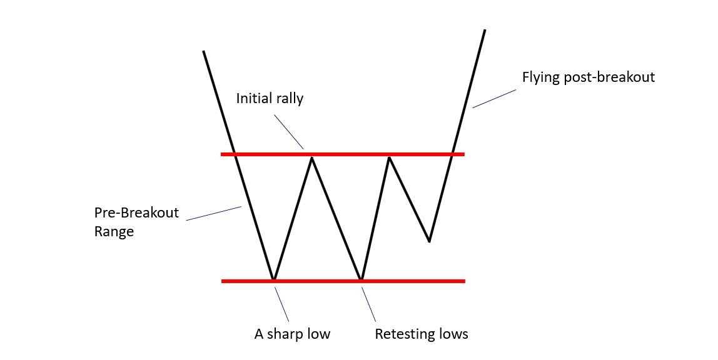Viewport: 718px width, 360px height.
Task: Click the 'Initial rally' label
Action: (x=270, y=99)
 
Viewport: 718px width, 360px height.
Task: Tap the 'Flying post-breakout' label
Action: (x=588, y=77)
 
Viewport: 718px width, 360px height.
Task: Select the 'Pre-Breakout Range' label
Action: (x=136, y=221)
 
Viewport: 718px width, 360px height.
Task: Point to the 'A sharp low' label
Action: (x=292, y=334)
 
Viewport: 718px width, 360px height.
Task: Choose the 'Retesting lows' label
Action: (x=421, y=334)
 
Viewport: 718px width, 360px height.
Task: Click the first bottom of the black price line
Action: (x=273, y=278)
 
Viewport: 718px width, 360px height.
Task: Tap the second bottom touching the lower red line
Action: (x=361, y=278)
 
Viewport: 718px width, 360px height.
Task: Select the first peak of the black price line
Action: (x=312, y=158)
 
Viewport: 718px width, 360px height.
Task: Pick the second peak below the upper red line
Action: (x=389, y=158)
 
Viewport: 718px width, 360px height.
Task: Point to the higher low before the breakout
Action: (x=429, y=241)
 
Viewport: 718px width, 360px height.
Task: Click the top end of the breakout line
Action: (x=484, y=30)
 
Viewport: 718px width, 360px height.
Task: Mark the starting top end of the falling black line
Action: (x=203, y=51)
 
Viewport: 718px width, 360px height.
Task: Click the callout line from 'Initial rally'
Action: (x=289, y=132)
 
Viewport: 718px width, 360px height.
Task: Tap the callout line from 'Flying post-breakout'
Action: (x=494, y=99)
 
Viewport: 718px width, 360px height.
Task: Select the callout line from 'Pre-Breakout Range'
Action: (x=213, y=212)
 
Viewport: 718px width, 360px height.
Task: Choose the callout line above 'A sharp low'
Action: (x=281, y=304)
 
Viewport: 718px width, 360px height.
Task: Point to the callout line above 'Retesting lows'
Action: (x=369, y=304)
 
